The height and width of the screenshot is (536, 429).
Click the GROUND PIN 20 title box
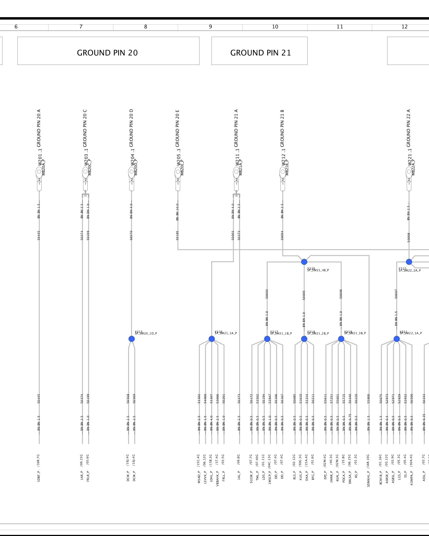(108, 51)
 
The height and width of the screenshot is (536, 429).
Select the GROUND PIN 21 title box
(259, 51)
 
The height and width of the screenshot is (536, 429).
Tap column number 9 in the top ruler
(210, 27)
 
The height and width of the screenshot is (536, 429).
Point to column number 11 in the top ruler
(340, 27)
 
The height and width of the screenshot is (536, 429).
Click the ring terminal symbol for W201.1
(39, 172)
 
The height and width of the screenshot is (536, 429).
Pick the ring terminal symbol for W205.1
(178, 172)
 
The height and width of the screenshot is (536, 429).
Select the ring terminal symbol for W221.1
(409, 172)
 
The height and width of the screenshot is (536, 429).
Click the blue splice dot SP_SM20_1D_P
(131, 339)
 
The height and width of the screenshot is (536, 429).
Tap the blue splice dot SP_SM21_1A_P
(212, 339)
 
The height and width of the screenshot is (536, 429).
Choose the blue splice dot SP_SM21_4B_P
(304, 262)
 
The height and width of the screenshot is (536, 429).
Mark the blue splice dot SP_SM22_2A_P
(409, 262)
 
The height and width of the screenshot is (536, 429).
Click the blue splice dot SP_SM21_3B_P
(341, 339)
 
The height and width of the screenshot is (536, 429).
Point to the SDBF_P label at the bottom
(39, 476)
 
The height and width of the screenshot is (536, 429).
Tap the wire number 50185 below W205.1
(177, 235)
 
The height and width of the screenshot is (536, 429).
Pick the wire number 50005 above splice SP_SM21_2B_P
(304, 295)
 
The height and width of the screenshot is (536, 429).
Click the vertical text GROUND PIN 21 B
(282, 128)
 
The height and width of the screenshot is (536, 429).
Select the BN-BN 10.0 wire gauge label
(177, 212)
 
